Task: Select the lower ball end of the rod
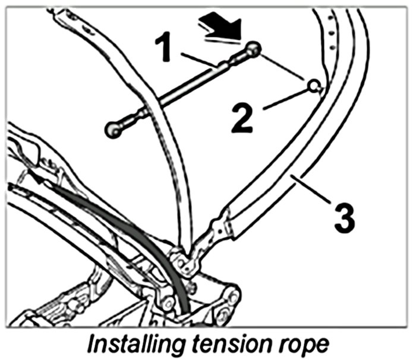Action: coord(112,129)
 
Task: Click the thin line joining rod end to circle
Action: coord(284,68)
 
